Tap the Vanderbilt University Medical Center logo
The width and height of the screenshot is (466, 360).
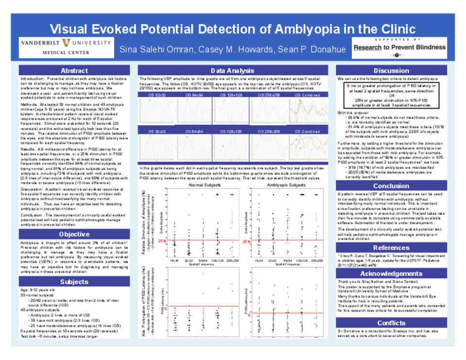pyautogui.click(x=66, y=47)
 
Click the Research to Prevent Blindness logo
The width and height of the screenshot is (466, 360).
pyautogui.click(x=399, y=48)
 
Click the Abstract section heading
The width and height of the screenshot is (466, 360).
pyautogui.click(x=74, y=70)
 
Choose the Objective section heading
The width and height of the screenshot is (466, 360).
pyautogui.click(x=74, y=234)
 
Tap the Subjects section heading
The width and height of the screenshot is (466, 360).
pyautogui.click(x=74, y=281)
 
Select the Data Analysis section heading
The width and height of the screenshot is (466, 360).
pyautogui.click(x=233, y=71)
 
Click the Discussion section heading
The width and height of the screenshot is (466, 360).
pyautogui.click(x=391, y=71)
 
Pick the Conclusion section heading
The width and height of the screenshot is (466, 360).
pyautogui.click(x=391, y=186)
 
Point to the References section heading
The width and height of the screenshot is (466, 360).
pyautogui.click(x=391, y=248)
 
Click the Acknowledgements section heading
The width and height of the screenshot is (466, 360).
pyautogui.click(x=391, y=274)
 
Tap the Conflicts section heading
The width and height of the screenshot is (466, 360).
pyautogui.click(x=391, y=323)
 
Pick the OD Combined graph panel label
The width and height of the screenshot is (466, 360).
pyautogui.click(x=308, y=96)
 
